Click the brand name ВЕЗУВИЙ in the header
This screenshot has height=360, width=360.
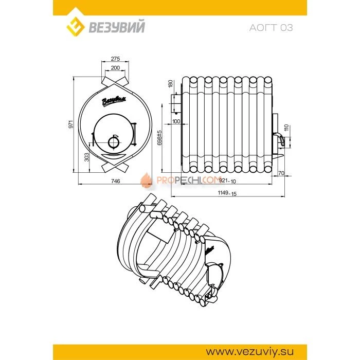pos(117,27)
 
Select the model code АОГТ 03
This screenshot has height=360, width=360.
pos(271,28)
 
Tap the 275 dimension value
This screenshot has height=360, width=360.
pos(115,59)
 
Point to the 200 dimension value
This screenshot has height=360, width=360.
pos(115,68)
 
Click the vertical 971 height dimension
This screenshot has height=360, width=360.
pos(71,124)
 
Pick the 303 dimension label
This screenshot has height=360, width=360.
pos(86,157)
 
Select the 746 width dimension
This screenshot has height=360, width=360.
pos(115,181)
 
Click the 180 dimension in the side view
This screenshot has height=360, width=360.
pos(170,84)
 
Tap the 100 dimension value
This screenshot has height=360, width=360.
pos(176,121)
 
